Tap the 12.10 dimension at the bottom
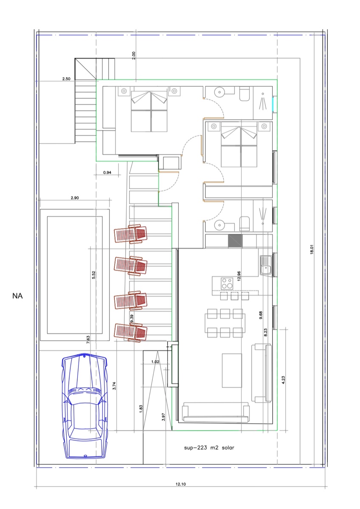pyautogui.click(x=180, y=484)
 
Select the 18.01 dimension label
pyautogui.click(x=312, y=249)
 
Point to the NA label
pyautogui.click(x=17, y=296)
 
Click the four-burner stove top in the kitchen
pyautogui.click(x=227, y=283)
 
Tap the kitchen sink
pyautogui.click(x=266, y=265)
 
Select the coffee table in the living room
pyautogui.click(x=232, y=370)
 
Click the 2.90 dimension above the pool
pyautogui.click(x=75, y=198)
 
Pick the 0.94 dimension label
pyautogui.click(x=107, y=173)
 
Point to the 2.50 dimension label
pyautogui.click(x=66, y=79)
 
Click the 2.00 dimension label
pyautogui.click(x=133, y=56)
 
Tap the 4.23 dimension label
pyautogui.click(x=283, y=380)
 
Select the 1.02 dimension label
pyautogui.click(x=155, y=361)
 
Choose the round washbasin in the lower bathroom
pyautogui.click(x=219, y=225)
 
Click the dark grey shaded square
pyautogui.click(x=235, y=241)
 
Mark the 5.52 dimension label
pyautogui.click(x=93, y=275)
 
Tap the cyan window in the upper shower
pyautogui.click(x=273, y=104)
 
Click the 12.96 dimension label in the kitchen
pyautogui.click(x=239, y=276)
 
